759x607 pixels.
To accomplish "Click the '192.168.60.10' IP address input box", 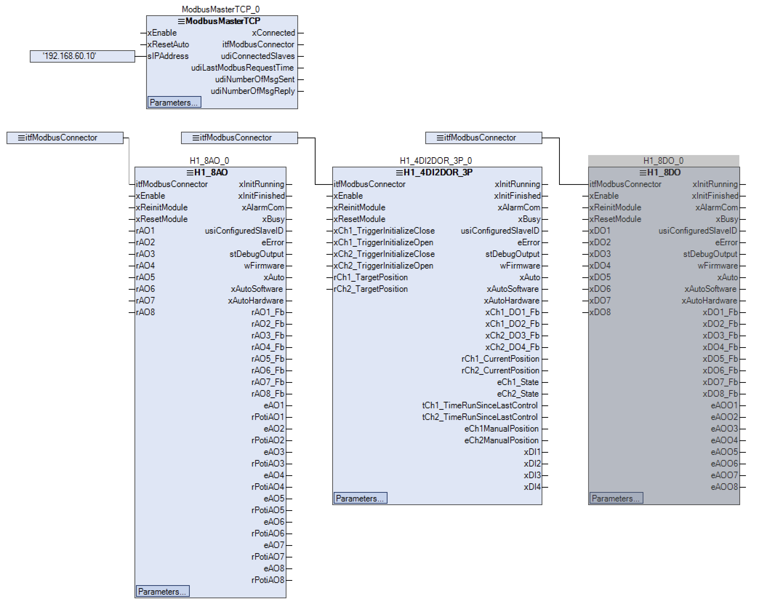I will point(82,56).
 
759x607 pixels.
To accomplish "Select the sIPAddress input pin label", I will point(168,56).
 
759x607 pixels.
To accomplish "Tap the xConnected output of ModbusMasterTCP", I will point(273,33).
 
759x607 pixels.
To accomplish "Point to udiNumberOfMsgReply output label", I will point(253,91).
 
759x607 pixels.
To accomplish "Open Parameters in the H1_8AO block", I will point(162,591).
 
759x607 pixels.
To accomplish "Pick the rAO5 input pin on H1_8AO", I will point(145,277).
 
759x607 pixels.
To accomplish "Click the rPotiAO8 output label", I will point(268,580).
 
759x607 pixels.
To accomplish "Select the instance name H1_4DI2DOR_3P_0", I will point(436,161).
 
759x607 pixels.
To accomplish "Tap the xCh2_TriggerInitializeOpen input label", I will point(383,266).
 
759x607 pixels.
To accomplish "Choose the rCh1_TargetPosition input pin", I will point(371,277).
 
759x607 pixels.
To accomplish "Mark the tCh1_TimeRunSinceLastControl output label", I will point(479,405).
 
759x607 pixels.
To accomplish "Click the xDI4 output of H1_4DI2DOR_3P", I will point(532,487).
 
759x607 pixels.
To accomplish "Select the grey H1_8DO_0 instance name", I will point(663,161).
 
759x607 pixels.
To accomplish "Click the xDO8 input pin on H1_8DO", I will point(600,312).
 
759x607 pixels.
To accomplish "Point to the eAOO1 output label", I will point(724,405).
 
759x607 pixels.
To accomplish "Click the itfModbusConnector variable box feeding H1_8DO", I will point(483,138).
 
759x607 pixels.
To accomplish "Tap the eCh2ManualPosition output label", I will point(501,440).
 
